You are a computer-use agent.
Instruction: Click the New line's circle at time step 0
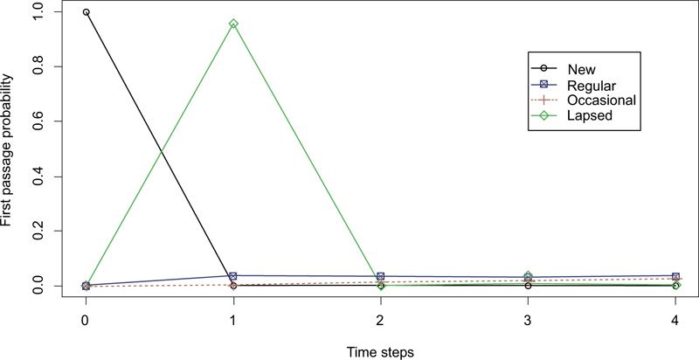click(x=86, y=12)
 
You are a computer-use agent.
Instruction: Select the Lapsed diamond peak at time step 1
click(x=233, y=24)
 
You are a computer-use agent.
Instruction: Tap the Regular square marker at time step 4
click(x=675, y=276)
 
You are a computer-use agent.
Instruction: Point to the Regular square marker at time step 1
click(x=233, y=276)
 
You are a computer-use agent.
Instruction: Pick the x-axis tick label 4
click(x=675, y=320)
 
